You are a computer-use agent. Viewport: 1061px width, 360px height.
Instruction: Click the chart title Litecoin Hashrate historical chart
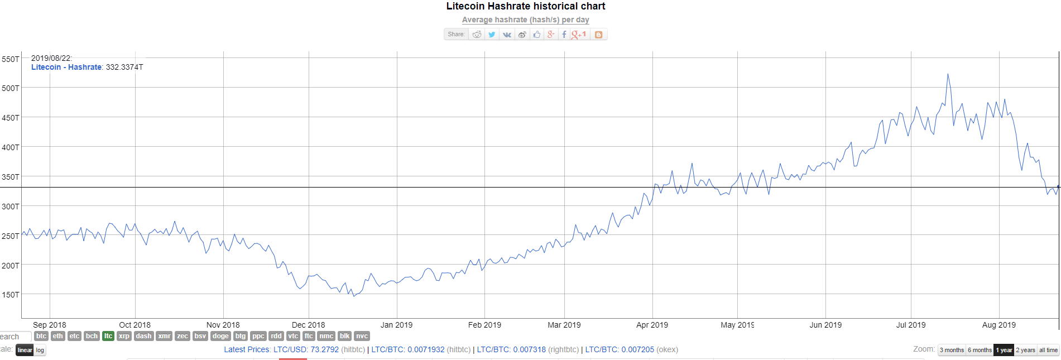click(x=525, y=6)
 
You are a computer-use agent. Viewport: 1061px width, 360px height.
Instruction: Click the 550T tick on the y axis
click(x=11, y=59)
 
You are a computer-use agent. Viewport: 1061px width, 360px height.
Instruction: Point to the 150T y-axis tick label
click(x=11, y=295)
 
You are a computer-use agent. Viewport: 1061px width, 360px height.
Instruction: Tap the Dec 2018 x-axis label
click(x=308, y=325)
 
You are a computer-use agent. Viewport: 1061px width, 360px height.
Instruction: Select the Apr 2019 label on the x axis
click(x=652, y=325)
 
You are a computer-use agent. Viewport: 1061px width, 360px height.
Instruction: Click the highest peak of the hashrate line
click(x=947, y=74)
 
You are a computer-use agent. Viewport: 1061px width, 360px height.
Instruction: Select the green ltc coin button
click(x=108, y=336)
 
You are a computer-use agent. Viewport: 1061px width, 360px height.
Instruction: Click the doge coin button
click(x=220, y=336)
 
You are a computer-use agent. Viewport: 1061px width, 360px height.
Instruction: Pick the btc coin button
click(x=41, y=336)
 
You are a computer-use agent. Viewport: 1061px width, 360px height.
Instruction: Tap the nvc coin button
click(x=362, y=336)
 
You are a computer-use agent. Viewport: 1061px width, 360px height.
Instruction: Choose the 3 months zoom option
click(x=952, y=350)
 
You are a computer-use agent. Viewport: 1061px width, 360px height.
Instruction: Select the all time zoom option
click(x=1048, y=350)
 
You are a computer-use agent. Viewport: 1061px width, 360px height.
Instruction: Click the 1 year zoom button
click(x=1004, y=350)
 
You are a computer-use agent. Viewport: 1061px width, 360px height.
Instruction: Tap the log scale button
click(x=40, y=350)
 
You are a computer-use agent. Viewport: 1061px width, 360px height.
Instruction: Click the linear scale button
click(x=25, y=350)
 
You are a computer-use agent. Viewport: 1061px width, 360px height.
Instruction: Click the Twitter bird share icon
click(x=492, y=35)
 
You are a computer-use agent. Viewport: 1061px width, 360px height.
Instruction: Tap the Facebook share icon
click(x=564, y=35)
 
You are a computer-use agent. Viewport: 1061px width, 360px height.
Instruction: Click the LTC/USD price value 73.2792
click(x=324, y=349)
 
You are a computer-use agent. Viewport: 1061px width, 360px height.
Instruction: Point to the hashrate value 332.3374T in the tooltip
click(x=124, y=67)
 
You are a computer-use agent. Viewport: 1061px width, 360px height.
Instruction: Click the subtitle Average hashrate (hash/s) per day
click(x=525, y=20)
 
